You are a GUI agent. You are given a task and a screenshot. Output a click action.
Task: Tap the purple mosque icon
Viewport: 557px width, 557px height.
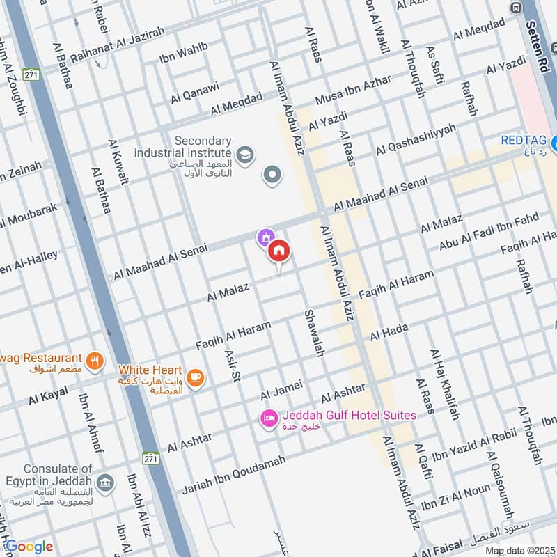pos(265,238)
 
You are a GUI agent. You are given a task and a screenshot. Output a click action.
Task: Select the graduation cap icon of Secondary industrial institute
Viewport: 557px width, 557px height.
pos(244,152)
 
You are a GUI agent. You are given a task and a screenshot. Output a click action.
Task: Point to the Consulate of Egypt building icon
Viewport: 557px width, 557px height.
pos(105,483)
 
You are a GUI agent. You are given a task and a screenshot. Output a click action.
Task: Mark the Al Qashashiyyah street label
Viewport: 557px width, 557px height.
pos(416,139)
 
